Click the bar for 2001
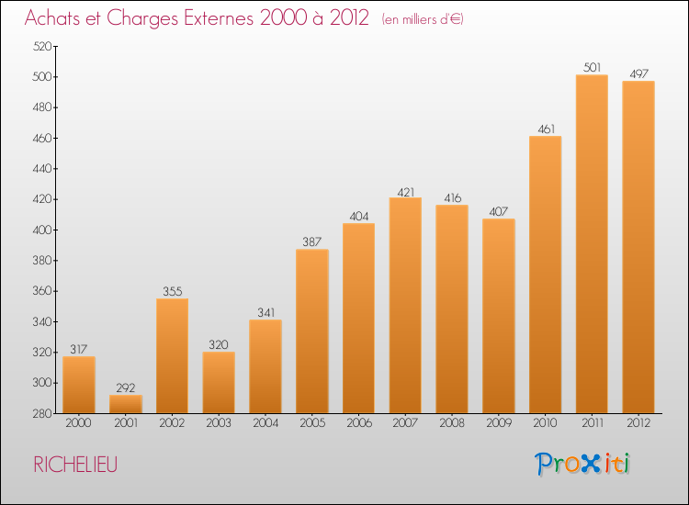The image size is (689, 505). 126,404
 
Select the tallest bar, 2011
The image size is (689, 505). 592,244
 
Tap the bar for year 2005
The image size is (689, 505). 312,331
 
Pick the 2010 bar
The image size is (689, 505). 546,275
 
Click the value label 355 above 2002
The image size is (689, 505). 173,291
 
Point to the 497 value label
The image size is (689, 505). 638,73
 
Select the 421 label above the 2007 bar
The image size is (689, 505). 405,192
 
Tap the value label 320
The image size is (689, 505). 219,344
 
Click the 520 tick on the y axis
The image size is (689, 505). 42,47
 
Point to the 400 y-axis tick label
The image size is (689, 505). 42,230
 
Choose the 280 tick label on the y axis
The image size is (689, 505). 42,414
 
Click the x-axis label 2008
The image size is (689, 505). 452,423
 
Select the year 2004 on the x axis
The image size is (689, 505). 265,423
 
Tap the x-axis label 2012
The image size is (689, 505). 638,423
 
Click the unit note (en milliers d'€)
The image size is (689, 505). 423,19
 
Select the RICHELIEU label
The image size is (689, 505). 75,465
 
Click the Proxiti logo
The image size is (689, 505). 582,464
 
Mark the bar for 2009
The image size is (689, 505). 499,316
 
